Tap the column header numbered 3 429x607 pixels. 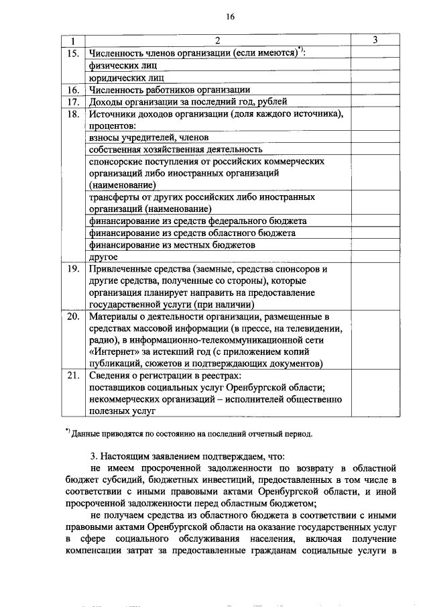point(375,40)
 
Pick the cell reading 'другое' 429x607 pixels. point(103,257)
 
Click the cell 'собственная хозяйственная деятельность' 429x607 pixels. point(175,149)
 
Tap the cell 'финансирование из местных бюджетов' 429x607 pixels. point(172,245)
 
